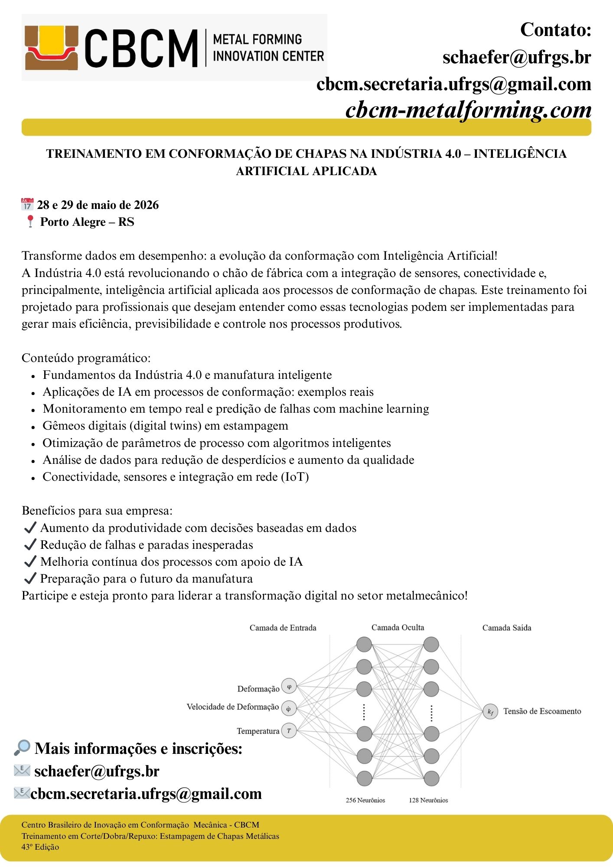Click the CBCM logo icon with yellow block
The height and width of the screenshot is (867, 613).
coord(51,48)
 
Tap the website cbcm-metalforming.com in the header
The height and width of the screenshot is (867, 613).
coord(468,110)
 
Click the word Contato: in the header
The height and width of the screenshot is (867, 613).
coord(556,30)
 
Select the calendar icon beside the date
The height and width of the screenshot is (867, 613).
coord(27,204)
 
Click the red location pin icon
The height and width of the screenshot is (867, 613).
coord(30,222)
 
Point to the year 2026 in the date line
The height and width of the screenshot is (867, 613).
coord(146,205)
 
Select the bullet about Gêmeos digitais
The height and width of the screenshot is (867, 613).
coord(165,426)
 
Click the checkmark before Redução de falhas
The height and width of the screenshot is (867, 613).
coord(30,544)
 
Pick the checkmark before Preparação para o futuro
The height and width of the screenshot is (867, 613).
coord(30,578)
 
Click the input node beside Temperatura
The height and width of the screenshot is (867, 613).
coord(289,731)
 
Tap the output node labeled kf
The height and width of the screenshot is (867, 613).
coord(490,711)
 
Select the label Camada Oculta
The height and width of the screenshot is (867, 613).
coord(398,627)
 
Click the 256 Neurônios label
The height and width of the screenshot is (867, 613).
coord(365,800)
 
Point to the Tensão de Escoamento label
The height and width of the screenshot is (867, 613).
coord(542,711)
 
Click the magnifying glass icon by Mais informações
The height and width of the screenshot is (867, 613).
coord(22,748)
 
